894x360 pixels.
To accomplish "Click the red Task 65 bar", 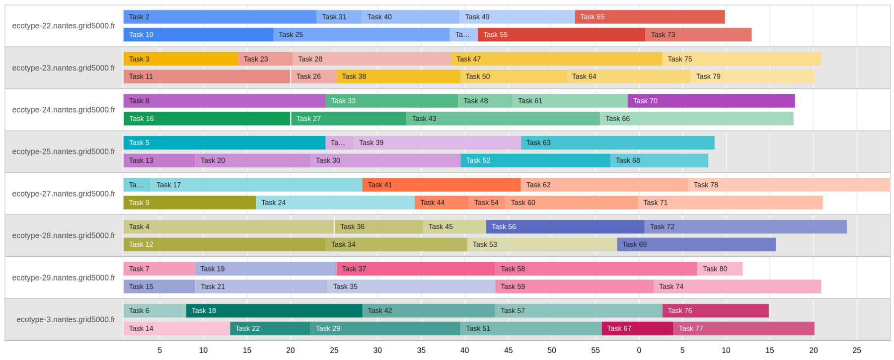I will [x=650, y=17].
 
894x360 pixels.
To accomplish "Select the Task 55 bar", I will [x=561, y=35].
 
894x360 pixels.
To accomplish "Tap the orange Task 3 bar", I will [x=180, y=59].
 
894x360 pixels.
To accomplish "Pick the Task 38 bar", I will [x=398, y=76].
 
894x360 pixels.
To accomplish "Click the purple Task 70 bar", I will [x=711, y=101].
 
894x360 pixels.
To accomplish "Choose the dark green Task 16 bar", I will [x=207, y=119].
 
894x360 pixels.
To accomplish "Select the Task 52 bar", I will [x=535, y=160].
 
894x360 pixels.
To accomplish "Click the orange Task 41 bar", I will [x=441, y=185].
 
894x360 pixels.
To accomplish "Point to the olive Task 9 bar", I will [x=189, y=203].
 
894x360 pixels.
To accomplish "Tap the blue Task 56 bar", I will [x=565, y=227].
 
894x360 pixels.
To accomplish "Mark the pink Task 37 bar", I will [x=416, y=269].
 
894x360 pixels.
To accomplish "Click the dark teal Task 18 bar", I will [x=274, y=311].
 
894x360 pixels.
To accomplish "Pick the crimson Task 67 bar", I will [x=637, y=328].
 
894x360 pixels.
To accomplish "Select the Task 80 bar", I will [x=720, y=269].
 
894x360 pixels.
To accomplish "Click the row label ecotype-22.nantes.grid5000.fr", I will [x=64, y=26].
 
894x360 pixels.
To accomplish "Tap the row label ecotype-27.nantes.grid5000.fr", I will [x=64, y=194].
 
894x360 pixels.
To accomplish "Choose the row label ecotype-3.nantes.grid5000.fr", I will [x=66, y=319].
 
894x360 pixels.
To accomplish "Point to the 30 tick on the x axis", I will [x=377, y=350].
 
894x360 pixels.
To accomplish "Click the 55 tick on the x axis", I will [x=596, y=350].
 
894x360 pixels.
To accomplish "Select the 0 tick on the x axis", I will [x=639, y=350].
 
